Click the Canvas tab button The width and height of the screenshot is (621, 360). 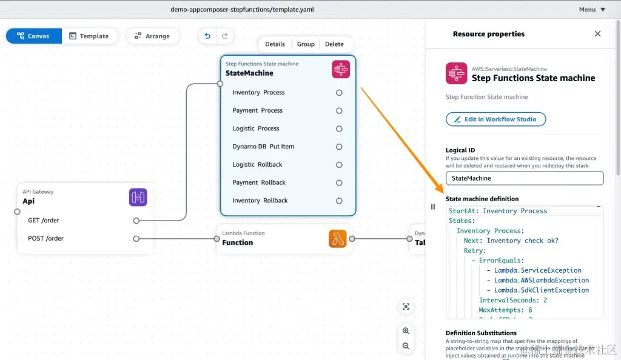click(34, 36)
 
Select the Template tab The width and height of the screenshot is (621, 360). click(89, 36)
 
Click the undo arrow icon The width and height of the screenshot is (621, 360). click(207, 36)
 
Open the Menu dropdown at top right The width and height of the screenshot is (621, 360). click(592, 10)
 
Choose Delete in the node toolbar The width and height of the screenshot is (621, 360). click(334, 44)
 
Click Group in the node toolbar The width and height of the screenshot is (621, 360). click(306, 44)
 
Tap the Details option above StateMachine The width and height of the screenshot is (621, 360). click(275, 44)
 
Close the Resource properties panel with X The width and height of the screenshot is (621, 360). click(597, 34)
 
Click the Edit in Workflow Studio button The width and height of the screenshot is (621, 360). click(495, 119)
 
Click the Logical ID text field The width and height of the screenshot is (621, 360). click(525, 178)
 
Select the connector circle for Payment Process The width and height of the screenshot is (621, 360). click(339, 111)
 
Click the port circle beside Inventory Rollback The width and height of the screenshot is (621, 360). click(339, 201)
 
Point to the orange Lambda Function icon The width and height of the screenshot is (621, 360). click(338, 239)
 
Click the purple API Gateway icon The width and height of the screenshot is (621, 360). click(138, 197)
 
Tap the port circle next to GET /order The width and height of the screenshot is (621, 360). click(136, 221)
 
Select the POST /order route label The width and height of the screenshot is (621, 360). click(45, 239)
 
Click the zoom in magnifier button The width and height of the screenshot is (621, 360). click(406, 331)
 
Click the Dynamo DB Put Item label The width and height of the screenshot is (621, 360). click(263, 147)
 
